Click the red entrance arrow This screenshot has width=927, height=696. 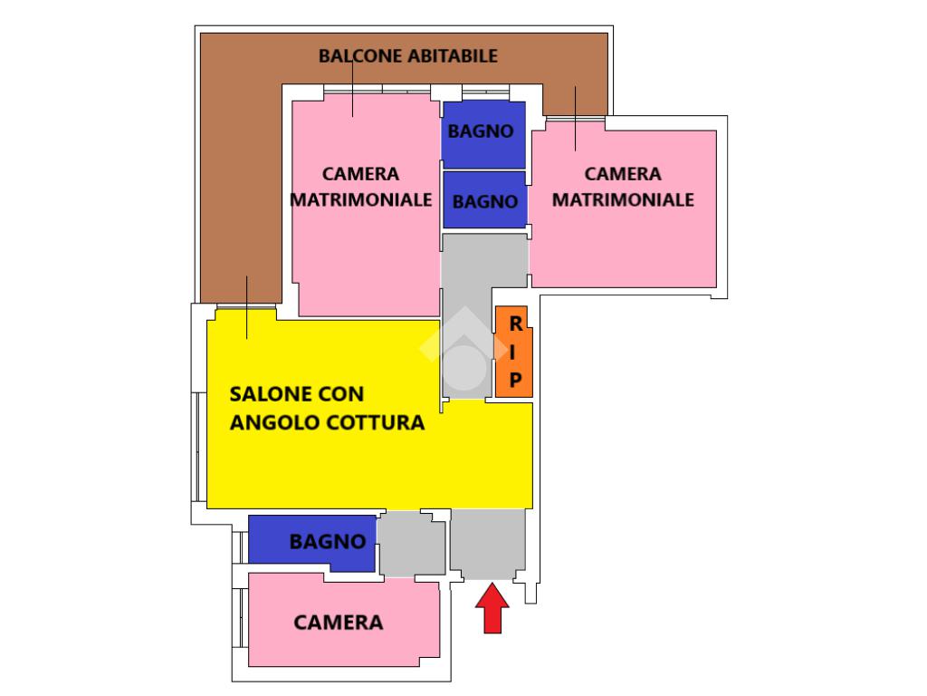(492, 609)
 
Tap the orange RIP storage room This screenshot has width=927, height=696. (513, 352)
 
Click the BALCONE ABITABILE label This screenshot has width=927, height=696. (407, 56)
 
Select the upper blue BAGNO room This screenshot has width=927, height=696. (483, 132)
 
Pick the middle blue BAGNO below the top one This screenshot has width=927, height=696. (484, 200)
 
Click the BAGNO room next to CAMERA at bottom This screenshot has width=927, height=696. (312, 542)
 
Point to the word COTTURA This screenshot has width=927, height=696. (380, 422)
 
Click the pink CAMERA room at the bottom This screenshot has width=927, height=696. (339, 623)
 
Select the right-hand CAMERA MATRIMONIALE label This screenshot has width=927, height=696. (623, 187)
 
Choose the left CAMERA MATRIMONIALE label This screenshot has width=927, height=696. (360, 187)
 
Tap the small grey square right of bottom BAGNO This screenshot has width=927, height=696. (412, 544)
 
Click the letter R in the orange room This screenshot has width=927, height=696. (515, 323)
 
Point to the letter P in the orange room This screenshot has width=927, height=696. (515, 381)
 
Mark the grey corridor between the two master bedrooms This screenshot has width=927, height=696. (483, 263)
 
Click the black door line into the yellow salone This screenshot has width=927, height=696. (246, 308)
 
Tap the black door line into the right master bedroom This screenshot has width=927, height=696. (575, 119)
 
